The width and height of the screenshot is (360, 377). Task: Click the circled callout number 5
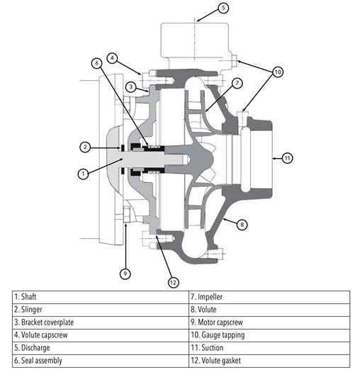(x=223, y=8)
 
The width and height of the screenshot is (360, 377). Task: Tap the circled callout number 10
(x=278, y=72)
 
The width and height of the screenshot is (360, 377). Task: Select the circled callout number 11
(x=287, y=158)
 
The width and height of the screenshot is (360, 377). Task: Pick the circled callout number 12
(x=173, y=282)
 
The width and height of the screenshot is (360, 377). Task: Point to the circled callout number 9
(x=125, y=274)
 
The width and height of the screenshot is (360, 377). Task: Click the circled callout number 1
(x=83, y=174)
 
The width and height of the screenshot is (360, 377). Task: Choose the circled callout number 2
(x=85, y=147)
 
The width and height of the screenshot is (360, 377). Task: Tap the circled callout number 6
(x=96, y=63)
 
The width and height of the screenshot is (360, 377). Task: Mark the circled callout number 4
(x=112, y=58)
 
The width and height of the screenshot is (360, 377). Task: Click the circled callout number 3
(x=131, y=86)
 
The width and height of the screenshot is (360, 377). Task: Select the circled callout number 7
(x=237, y=83)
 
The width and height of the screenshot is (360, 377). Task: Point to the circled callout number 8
(x=242, y=225)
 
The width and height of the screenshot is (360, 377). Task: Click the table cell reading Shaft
(x=101, y=297)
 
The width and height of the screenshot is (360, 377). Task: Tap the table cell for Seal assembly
(x=101, y=361)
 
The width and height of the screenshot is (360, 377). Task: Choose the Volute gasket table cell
(x=269, y=361)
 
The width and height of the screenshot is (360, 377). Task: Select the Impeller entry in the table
(x=269, y=297)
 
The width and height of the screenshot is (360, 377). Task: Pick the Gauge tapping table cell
(x=269, y=335)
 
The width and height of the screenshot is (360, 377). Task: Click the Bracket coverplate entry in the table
(x=101, y=322)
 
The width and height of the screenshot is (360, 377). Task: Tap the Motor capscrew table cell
(x=269, y=322)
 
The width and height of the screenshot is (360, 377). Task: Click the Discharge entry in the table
(x=101, y=348)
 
